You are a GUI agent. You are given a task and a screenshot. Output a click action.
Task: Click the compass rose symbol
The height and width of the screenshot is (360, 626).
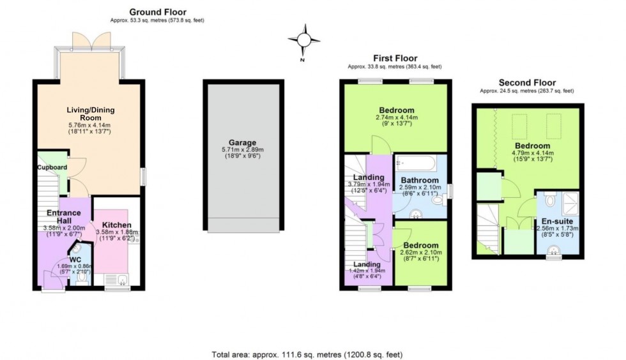click(303, 40)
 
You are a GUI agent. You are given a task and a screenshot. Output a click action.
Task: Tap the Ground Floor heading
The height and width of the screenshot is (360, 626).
click(158, 12)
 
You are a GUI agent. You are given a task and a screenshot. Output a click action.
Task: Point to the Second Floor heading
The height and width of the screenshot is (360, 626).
click(527, 82)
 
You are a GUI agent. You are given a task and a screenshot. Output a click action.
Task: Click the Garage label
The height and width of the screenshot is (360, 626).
click(243, 143)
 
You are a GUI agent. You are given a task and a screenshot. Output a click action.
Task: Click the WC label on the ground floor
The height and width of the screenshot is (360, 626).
click(75, 260)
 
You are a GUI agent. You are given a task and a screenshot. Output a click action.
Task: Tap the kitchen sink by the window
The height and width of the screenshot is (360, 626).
click(116, 279)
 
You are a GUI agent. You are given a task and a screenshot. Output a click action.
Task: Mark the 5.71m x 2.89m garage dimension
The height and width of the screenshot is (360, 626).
click(243, 150)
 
